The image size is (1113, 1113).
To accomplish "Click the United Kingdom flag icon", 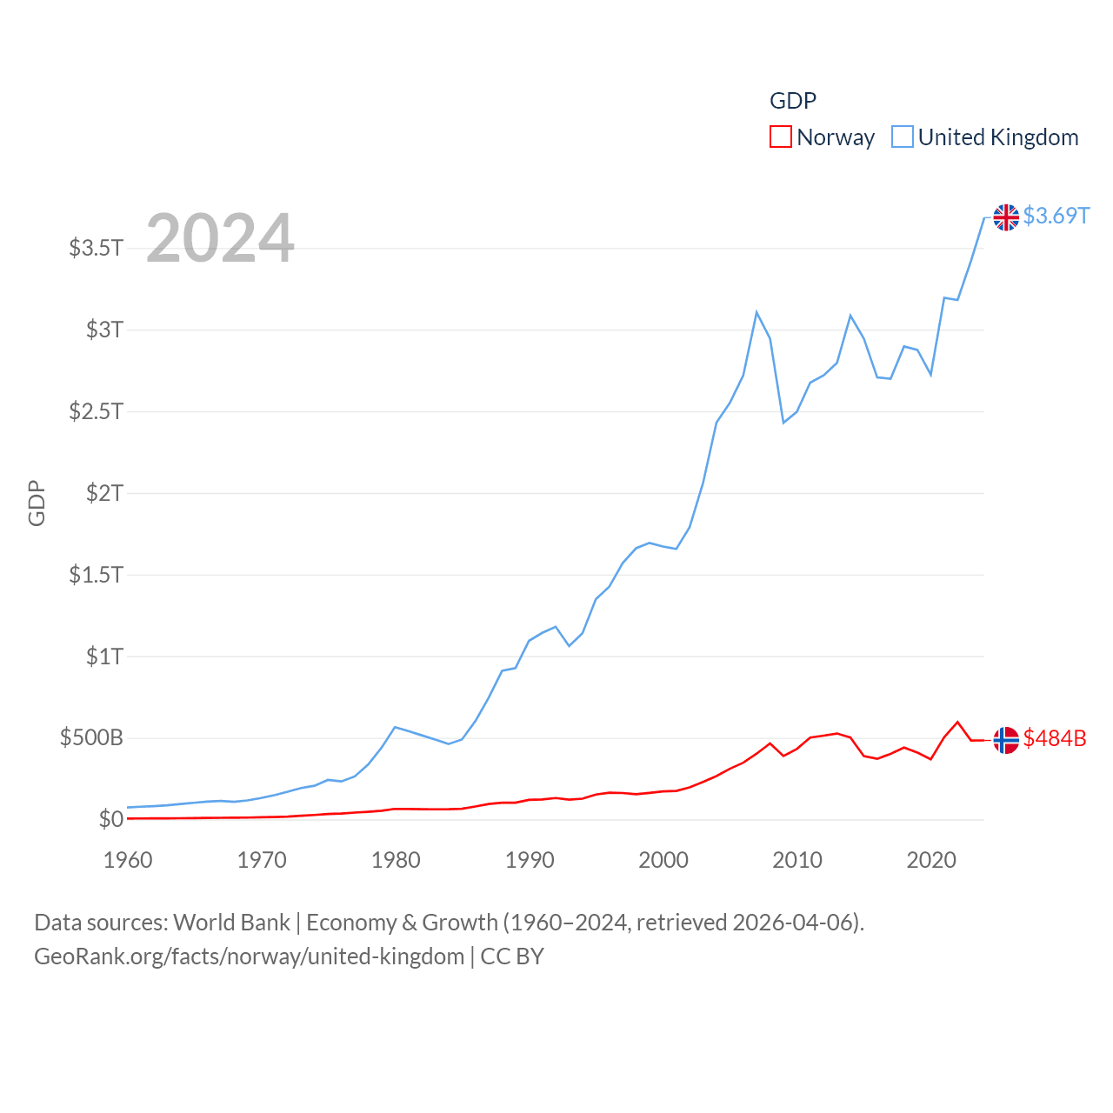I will [1006, 217].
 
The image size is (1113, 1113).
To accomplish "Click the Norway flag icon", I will [1006, 740].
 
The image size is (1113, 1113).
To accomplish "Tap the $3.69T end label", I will [1056, 216].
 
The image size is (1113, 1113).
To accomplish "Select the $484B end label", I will [1055, 738].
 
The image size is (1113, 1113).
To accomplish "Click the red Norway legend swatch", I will [781, 137].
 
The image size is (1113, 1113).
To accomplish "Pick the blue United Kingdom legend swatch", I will [903, 137].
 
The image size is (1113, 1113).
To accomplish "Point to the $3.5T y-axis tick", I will [97, 248].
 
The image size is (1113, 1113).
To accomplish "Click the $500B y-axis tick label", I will [91, 738].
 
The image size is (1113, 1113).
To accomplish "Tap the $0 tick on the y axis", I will [110, 819].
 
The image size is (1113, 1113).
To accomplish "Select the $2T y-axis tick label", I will [104, 493].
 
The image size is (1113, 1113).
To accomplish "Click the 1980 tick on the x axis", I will [396, 860].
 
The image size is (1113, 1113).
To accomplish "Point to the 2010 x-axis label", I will [797, 860].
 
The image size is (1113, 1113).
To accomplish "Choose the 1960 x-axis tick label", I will [128, 860].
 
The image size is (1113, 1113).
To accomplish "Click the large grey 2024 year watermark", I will [220, 237].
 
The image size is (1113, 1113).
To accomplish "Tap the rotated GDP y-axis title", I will [37, 503].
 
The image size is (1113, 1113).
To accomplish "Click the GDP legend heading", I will [793, 101].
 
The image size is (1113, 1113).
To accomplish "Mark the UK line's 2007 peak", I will [756, 312].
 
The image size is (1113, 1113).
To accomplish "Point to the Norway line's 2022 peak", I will [957, 722].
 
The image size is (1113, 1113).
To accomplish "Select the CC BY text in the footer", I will [512, 956].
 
